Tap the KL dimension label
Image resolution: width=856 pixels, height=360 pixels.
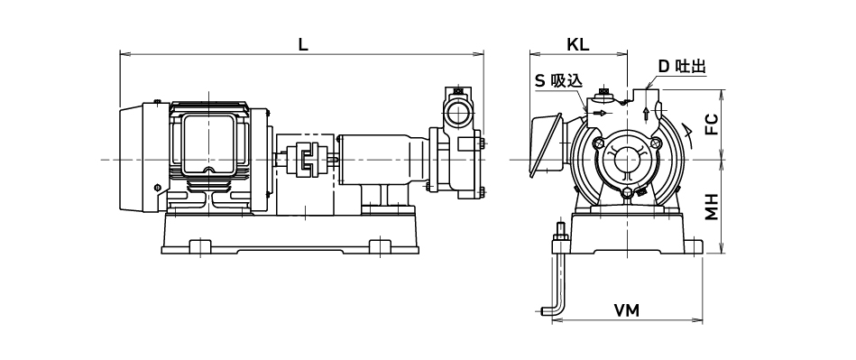pyautogui.click(x=577, y=45)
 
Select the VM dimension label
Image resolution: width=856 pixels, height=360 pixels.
pyautogui.click(x=626, y=311)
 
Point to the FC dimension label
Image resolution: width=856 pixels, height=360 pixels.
pyautogui.click(x=711, y=124)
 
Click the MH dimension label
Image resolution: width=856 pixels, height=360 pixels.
pyautogui.click(x=711, y=207)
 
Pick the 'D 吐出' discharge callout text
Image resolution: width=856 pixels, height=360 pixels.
pyautogui.click(x=682, y=67)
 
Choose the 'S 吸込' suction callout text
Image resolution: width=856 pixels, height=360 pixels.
pyautogui.click(x=558, y=81)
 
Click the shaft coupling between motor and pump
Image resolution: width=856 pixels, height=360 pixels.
pyautogui.click(x=306, y=159)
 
